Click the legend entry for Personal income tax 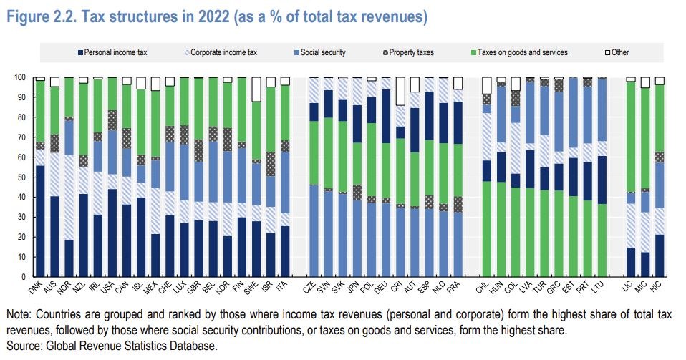pyautogui.click(x=116, y=52)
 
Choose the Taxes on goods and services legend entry pyautogui.click(x=522, y=52)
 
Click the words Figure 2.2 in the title pyautogui.click(x=36, y=16)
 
